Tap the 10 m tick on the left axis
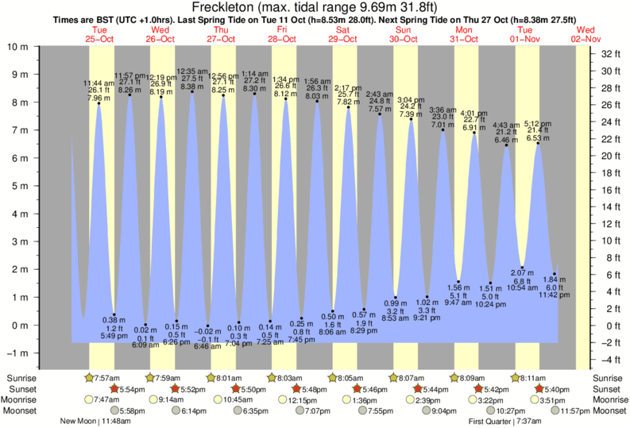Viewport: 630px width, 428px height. pyautogui.click(x=17, y=47)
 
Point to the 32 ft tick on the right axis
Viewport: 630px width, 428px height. pyautogui.click(x=610, y=54)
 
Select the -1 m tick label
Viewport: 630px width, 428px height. pyautogui.click(x=17, y=353)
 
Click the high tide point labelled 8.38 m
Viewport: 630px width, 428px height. pyautogui.click(x=191, y=91)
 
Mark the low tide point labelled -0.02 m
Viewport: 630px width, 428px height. pyautogui.click(x=208, y=326)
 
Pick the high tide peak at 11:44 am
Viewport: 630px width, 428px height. pyautogui.click(x=99, y=103)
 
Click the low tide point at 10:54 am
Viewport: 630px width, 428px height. pyautogui.click(x=523, y=268)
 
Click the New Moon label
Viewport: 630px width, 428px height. pyautogui.click(x=79, y=422)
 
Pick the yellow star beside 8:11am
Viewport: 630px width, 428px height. pyautogui.click(x=516, y=377)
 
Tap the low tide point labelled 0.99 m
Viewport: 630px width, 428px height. pyautogui.click(x=395, y=298)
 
